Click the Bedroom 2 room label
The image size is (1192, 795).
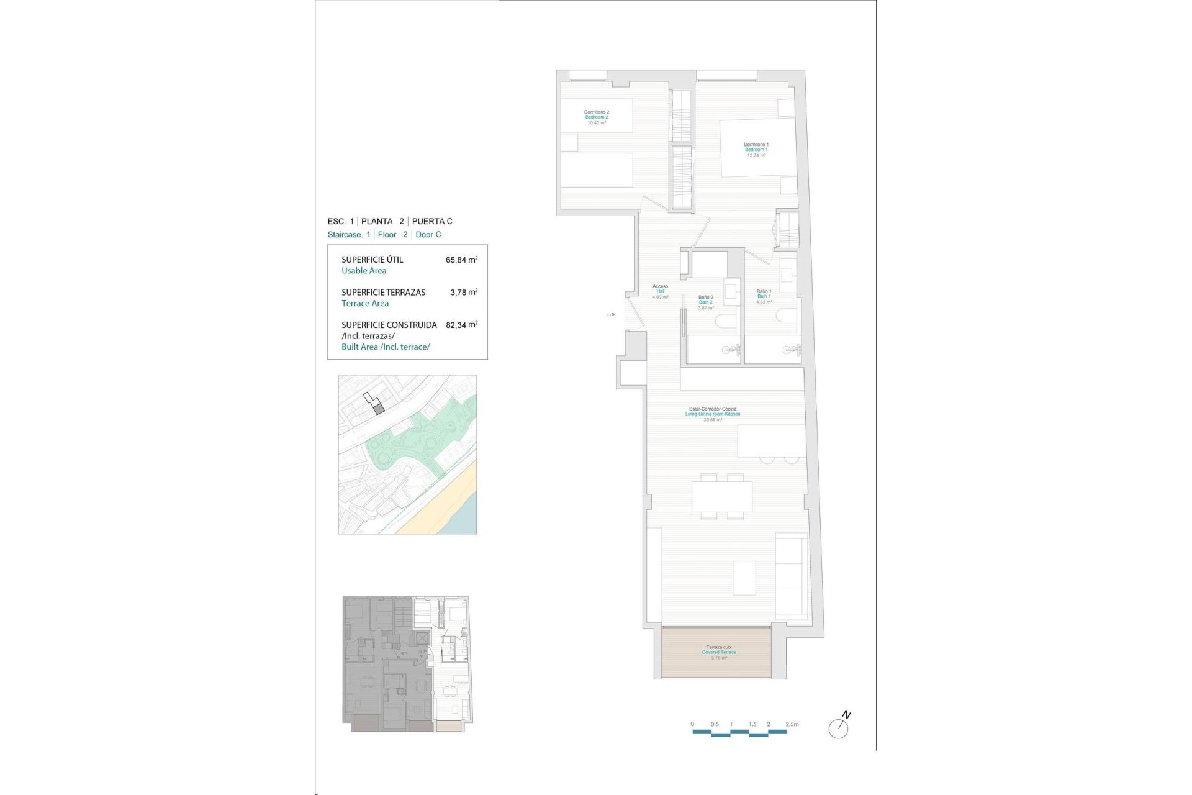pyautogui.click(x=596, y=117)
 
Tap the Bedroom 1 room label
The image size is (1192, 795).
pyautogui.click(x=756, y=150)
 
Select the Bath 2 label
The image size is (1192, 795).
pyautogui.click(x=705, y=302)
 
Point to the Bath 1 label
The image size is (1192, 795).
pyautogui.click(x=764, y=296)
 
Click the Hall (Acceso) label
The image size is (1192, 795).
pyautogui.click(x=660, y=291)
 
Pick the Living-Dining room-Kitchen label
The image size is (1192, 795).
pyautogui.click(x=712, y=414)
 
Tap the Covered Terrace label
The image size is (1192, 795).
pyautogui.click(x=719, y=652)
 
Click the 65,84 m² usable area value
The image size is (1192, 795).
pyautogui.click(x=461, y=260)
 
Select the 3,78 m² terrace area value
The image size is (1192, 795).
pyautogui.click(x=464, y=292)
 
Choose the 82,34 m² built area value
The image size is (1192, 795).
pyautogui.click(x=461, y=325)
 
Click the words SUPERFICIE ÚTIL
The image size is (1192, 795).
pyautogui.click(x=372, y=260)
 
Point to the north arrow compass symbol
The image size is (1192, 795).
pyautogui.click(x=839, y=727)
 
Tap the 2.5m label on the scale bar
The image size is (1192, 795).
pyautogui.click(x=792, y=724)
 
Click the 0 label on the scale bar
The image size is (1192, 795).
pyautogui.click(x=692, y=724)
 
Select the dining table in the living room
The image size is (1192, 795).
pyautogui.click(x=721, y=496)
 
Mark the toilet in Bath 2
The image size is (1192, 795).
pyautogui.click(x=725, y=321)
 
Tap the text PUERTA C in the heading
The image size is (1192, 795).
pyautogui.click(x=432, y=221)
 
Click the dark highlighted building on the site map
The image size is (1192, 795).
pyautogui.click(x=379, y=409)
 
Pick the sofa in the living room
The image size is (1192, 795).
pyautogui.click(x=791, y=574)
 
